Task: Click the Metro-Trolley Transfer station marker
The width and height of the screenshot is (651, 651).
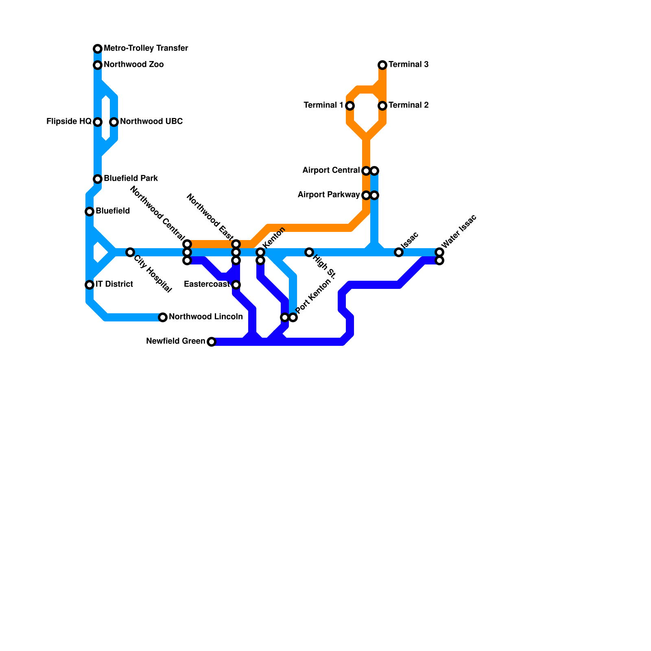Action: pyautogui.click(x=98, y=49)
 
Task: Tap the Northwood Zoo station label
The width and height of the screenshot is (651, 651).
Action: pyautogui.click(x=133, y=65)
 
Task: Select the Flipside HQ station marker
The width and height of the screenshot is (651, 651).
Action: pyautogui.click(x=98, y=122)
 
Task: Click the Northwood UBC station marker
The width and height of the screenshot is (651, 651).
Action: pyautogui.click(x=114, y=122)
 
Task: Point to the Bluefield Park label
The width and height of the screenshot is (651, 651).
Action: pyautogui.click(x=131, y=179)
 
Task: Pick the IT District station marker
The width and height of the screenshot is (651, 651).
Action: pyautogui.click(x=90, y=285)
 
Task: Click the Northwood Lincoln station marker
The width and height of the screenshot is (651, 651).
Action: pyautogui.click(x=163, y=317)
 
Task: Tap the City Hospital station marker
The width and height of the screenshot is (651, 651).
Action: pyautogui.click(x=130, y=252)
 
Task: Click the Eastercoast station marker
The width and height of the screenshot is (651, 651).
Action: pyautogui.click(x=236, y=285)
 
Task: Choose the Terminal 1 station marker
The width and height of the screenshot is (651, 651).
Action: pyautogui.click(x=350, y=106)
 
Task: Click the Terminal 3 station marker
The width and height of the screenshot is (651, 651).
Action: pyautogui.click(x=382, y=65)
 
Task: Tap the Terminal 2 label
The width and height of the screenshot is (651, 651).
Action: pyautogui.click(x=409, y=105)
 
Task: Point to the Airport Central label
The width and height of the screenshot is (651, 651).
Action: pyautogui.click(x=331, y=170)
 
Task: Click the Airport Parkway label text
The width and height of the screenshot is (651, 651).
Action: pyautogui.click(x=328, y=195)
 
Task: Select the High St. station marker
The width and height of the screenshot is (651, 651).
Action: pyautogui.click(x=309, y=252)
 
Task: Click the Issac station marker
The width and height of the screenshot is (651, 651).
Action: pyautogui.click(x=399, y=252)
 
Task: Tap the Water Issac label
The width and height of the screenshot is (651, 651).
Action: pyautogui.click(x=459, y=232)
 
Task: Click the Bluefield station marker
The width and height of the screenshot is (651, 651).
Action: pyautogui.click(x=90, y=212)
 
